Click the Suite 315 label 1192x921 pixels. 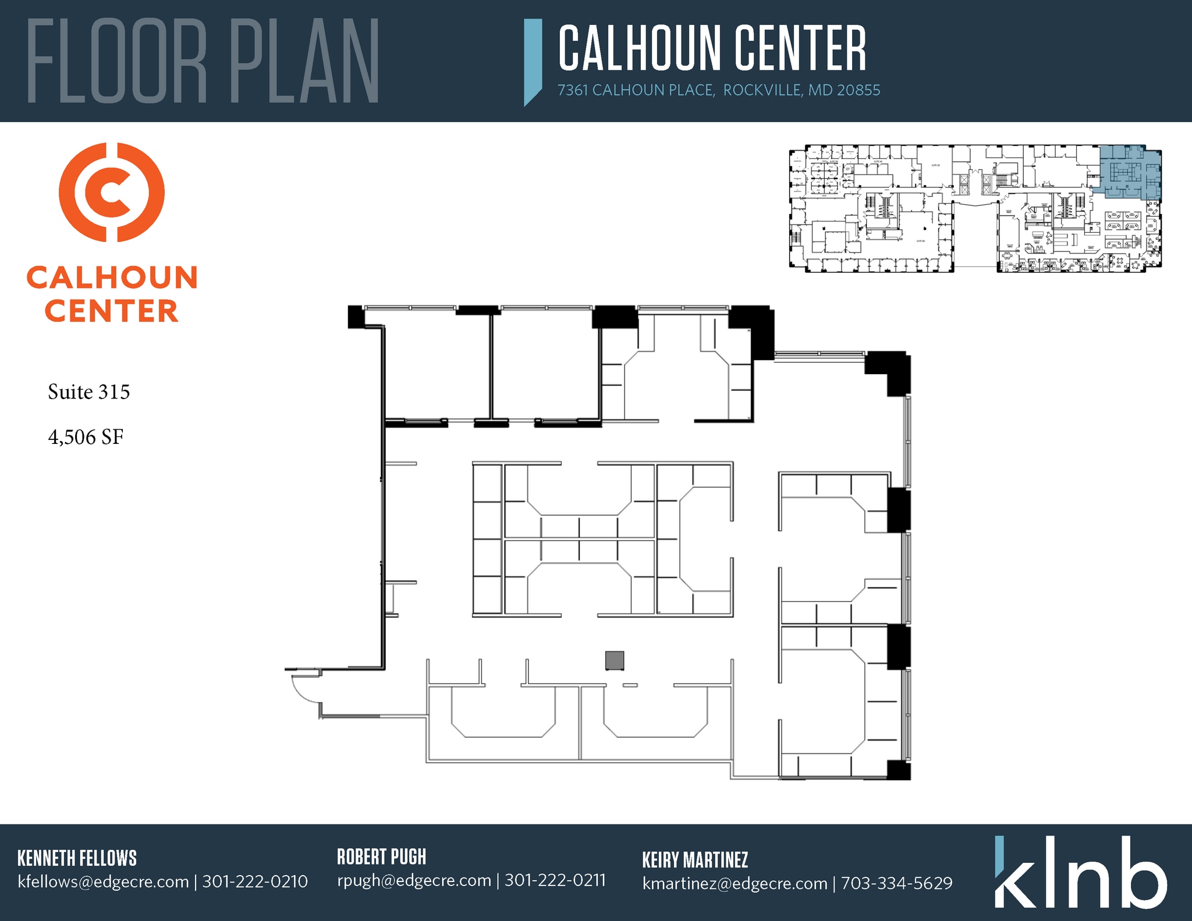pyautogui.click(x=88, y=392)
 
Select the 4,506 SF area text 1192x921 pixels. pyautogui.click(x=86, y=438)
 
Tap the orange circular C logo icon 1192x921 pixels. pyautogui.click(x=112, y=192)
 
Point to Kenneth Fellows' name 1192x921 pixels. pyautogui.click(x=77, y=858)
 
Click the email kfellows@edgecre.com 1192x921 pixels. pyautogui.click(x=103, y=882)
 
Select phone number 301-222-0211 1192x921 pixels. pyautogui.click(x=555, y=880)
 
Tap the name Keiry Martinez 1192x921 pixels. pyautogui.click(x=695, y=860)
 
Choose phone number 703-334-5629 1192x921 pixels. pyautogui.click(x=896, y=883)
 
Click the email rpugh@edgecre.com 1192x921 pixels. pyautogui.click(x=414, y=880)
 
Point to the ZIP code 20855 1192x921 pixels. pyautogui.click(x=858, y=90)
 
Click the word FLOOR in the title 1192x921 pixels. pyautogui.click(x=116, y=61)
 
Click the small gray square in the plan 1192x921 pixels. pyautogui.click(x=615, y=660)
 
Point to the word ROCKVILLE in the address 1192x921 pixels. pyautogui.click(x=762, y=90)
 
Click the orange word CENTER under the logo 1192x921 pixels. pyautogui.click(x=111, y=311)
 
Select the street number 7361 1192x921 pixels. pyautogui.click(x=573, y=90)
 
